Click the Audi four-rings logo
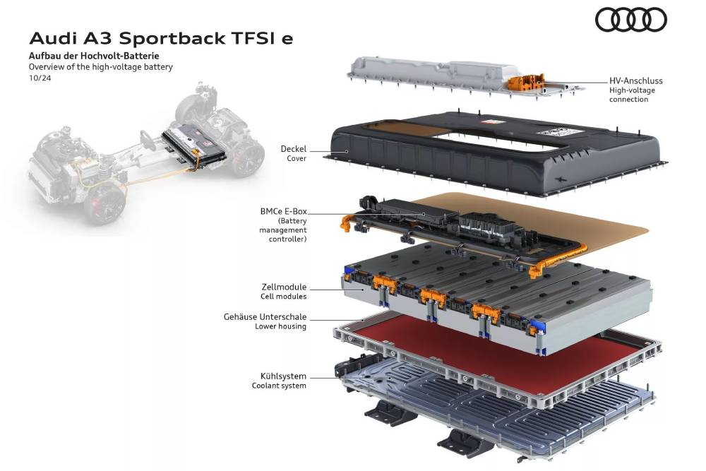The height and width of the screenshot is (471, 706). [x=630, y=20]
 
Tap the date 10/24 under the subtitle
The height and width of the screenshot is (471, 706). [x=40, y=78]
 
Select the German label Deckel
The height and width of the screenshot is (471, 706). [x=293, y=148]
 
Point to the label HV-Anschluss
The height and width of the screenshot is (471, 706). [x=636, y=81]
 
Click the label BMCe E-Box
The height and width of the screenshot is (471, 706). [x=283, y=211]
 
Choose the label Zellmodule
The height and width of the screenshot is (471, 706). [x=284, y=287]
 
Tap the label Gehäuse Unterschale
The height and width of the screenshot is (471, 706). [x=265, y=316]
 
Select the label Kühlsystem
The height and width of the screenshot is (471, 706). [x=283, y=376]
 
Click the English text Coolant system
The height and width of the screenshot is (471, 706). [x=279, y=386]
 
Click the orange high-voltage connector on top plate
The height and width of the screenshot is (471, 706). [x=526, y=83]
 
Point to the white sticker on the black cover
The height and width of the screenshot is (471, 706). [x=560, y=131]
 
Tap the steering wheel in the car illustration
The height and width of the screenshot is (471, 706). [x=148, y=140]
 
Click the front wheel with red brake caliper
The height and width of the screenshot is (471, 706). [x=107, y=203]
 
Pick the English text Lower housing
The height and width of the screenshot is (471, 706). [x=280, y=326]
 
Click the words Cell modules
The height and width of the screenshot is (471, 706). [x=283, y=297]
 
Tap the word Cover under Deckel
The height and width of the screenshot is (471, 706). [x=297, y=158]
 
